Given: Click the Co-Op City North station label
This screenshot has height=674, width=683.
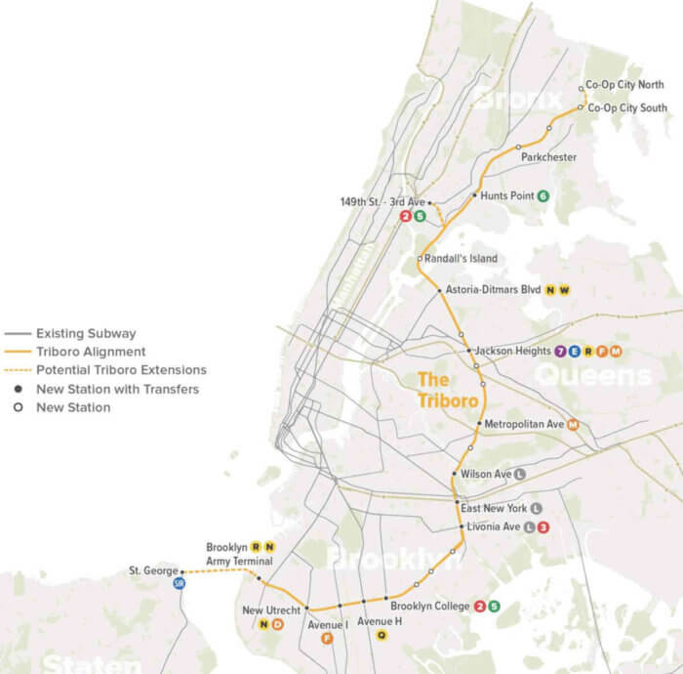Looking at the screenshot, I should point(625,86).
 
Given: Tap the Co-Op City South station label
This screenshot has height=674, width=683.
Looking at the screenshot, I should point(626,107).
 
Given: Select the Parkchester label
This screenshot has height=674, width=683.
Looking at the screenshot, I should point(548,157).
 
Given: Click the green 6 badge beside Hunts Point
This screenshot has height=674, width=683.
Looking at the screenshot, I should point(543,196).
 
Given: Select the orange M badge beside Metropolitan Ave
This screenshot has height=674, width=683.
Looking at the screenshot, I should point(574,424).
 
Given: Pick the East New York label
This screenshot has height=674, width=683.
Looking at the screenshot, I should point(494,509).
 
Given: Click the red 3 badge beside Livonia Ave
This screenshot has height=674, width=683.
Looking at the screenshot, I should point(543,527).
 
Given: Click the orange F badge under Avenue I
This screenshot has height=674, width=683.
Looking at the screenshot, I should point(327,638).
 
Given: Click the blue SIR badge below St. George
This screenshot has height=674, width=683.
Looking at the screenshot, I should point(179,583).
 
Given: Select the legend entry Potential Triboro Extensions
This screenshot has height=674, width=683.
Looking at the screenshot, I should point(121,370).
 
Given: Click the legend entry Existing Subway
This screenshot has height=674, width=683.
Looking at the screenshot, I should point(86,333).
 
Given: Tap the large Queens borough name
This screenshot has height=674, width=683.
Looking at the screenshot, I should point(593,374).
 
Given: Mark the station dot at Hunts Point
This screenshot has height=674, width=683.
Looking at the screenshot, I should point(475,195).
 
